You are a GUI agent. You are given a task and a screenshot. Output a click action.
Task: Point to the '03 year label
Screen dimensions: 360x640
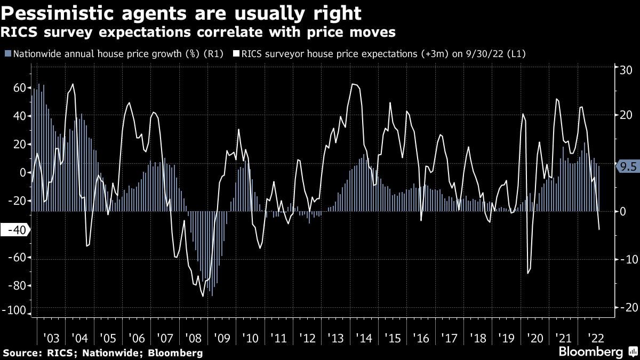coord(51,338)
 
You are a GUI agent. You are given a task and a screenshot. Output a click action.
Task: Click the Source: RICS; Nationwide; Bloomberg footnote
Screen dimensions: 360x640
coord(103,353)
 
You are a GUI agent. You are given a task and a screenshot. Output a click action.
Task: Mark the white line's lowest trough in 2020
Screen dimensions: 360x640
coord(528,274)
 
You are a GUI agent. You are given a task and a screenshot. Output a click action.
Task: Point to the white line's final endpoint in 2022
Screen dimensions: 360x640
coord(599,229)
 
